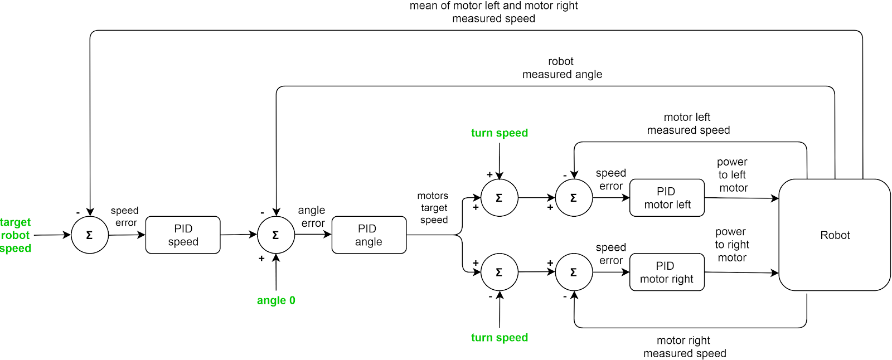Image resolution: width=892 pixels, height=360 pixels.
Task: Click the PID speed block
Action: (183, 235)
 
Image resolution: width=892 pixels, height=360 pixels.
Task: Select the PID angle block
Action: (369, 235)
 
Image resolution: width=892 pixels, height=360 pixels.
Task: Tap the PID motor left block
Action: (667, 198)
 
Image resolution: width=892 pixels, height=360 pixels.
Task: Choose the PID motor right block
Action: (667, 273)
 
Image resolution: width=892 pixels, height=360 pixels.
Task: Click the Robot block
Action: (835, 235)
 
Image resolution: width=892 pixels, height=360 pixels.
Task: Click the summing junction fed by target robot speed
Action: (90, 235)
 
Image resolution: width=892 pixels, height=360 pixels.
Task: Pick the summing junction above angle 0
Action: (276, 235)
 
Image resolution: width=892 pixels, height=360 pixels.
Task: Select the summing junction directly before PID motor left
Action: (574, 198)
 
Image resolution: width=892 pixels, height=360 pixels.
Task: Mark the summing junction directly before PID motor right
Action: (574, 272)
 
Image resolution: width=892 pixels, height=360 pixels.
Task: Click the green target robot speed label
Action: (16, 235)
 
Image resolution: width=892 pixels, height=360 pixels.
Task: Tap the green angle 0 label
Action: (276, 300)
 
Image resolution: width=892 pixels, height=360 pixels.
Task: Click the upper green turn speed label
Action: (500, 133)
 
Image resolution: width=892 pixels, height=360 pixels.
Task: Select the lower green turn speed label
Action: (500, 338)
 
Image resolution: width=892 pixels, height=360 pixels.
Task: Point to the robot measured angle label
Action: (562, 68)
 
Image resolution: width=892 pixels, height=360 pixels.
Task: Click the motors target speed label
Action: (434, 208)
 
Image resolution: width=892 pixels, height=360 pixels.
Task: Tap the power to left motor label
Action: (733, 175)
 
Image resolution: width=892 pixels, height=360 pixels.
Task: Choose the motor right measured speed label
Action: (685, 347)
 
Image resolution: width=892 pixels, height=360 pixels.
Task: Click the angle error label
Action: (312, 217)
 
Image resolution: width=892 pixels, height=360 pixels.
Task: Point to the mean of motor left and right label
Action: (493, 12)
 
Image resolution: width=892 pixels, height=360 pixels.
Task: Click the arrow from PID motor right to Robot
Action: (741, 273)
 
